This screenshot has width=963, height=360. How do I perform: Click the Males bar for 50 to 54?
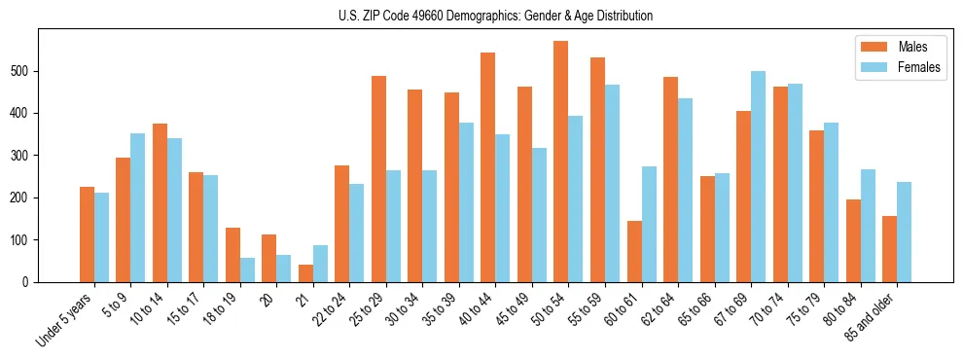click(561, 162)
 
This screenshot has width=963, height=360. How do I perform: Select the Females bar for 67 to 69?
click(759, 176)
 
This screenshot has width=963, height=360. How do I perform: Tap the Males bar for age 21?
click(305, 273)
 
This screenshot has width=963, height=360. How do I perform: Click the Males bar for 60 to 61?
click(634, 251)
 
